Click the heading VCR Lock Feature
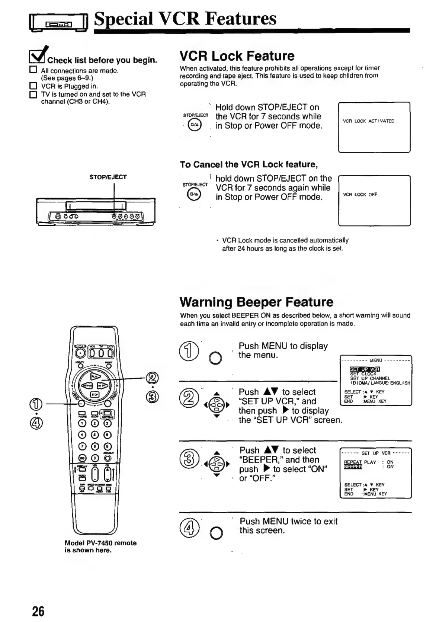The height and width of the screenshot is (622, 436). pos(237,56)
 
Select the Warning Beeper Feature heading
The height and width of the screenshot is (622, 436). pos(256,302)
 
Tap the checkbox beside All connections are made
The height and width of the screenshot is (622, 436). pos(33,70)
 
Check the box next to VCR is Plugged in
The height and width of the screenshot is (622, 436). pos(33,86)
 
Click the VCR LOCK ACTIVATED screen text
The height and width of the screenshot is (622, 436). pos(368,121)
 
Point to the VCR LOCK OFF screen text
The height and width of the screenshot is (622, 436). pos(360,195)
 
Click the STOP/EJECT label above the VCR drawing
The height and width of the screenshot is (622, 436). pos(108,177)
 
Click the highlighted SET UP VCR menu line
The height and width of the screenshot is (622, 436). pos(364,369)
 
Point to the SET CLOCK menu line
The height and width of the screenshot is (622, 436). pos(363,374)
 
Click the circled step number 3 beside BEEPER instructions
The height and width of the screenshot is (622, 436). pos(187,458)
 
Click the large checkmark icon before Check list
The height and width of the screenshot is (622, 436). pos(38,55)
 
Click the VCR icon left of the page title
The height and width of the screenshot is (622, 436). pos(58,24)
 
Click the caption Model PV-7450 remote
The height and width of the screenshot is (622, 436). pos(100,543)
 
